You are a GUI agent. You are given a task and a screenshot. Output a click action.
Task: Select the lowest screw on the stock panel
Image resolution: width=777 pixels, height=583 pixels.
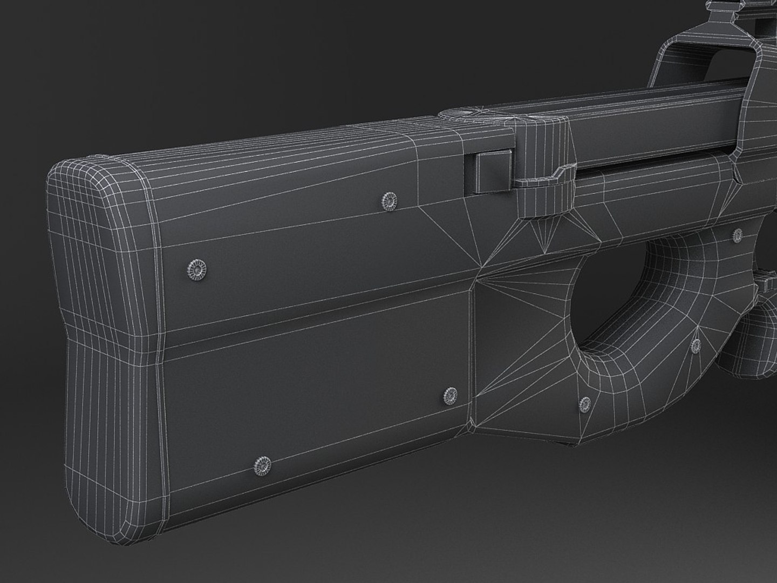click(263, 463)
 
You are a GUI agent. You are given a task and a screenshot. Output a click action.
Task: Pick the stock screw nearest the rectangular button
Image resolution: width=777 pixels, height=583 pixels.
click(388, 201)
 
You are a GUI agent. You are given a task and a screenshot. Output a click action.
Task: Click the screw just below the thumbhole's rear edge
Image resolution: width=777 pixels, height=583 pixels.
click(585, 402)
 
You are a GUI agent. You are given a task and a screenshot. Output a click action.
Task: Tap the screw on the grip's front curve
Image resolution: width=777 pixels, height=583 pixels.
click(697, 344)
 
